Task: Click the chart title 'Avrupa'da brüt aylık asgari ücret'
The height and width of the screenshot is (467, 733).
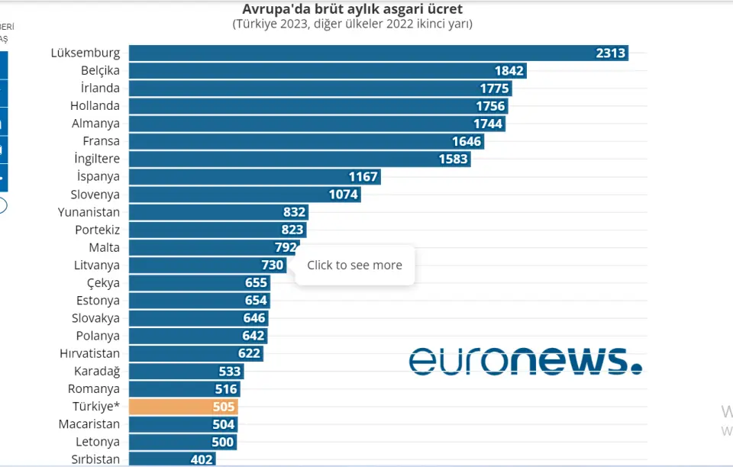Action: click(x=352, y=9)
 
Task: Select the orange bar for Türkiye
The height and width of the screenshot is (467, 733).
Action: click(x=183, y=407)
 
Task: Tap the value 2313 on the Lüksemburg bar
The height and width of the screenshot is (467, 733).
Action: click(x=611, y=53)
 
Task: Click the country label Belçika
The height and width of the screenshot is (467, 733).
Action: click(x=100, y=70)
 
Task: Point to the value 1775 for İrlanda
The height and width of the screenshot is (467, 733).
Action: click(x=494, y=89)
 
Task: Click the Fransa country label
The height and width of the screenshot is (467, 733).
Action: click(x=101, y=141)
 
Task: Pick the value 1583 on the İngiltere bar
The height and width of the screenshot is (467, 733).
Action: click(x=454, y=159)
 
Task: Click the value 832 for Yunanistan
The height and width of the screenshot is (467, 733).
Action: click(x=294, y=212)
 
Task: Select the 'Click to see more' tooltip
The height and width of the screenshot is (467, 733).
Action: click(x=354, y=266)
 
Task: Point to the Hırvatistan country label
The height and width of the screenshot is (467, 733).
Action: click(x=89, y=353)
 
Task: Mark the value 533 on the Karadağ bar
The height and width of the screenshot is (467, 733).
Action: click(x=229, y=372)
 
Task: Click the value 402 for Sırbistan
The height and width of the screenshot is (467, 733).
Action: click(x=202, y=459)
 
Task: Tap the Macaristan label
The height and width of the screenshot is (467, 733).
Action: click(x=89, y=424)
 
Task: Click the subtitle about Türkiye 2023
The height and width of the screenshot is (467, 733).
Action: click(x=352, y=24)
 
